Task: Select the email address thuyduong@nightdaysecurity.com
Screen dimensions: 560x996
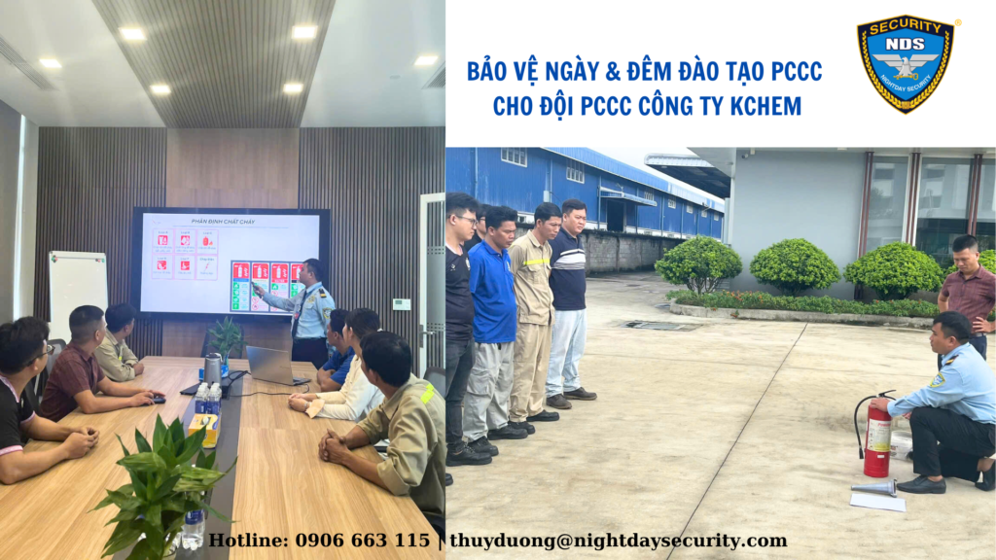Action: pyautogui.click(x=618, y=541)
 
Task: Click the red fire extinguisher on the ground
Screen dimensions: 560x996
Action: pyautogui.click(x=877, y=439)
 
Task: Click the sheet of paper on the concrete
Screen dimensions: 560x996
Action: pyautogui.click(x=876, y=502)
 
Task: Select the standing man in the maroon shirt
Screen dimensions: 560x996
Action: pyautogui.click(x=968, y=292)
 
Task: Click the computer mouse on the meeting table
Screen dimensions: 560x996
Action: pyautogui.click(x=159, y=399)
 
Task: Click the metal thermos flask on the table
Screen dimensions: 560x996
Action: pyautogui.click(x=212, y=368)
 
